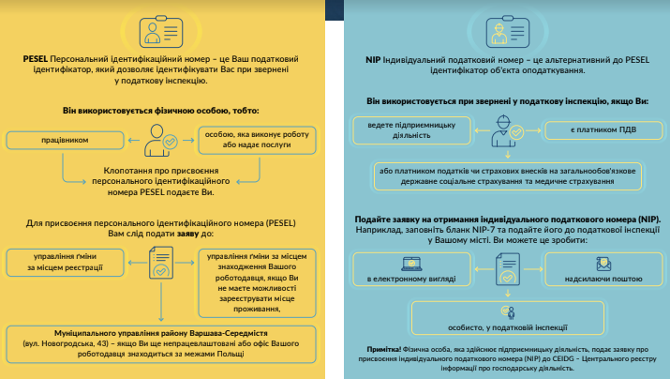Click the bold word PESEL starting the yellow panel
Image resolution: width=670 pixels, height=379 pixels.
[35, 59]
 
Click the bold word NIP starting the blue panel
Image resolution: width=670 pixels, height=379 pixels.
[373, 60]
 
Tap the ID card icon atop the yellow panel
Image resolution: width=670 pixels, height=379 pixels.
[161, 32]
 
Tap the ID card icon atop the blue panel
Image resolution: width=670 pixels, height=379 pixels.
[508, 32]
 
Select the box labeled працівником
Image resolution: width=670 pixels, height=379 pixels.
[65, 141]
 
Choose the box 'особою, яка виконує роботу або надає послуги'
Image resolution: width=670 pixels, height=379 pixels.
[257, 140]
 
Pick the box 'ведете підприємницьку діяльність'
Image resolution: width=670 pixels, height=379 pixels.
[411, 130]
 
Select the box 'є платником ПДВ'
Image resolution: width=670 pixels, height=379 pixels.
[603, 130]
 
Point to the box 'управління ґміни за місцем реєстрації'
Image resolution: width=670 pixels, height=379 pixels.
[65, 263]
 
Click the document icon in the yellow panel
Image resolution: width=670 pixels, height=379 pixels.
[161, 263]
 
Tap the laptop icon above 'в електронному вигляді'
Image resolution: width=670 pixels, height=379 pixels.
[411, 264]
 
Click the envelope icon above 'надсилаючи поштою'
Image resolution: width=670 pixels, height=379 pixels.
[603, 264]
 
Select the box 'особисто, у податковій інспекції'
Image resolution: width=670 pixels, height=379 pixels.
[508, 318]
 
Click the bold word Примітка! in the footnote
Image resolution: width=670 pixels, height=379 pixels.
[383, 350]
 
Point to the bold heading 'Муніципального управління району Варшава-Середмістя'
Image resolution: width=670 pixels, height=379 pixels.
[160, 333]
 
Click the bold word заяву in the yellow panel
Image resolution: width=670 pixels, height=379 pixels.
[188, 234]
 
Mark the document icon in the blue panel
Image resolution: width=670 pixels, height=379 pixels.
[508, 269]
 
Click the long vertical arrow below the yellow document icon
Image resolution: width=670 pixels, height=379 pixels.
[161, 301]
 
